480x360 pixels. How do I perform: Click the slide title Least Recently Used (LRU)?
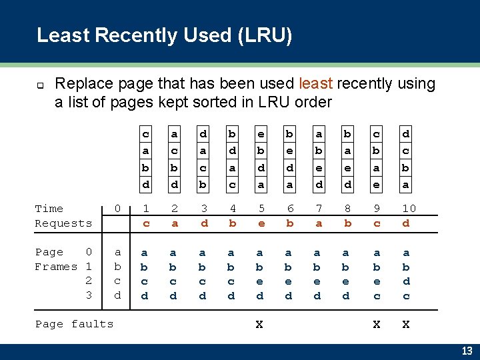pyautogui.click(x=164, y=35)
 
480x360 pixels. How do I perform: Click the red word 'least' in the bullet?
pyautogui.click(x=317, y=84)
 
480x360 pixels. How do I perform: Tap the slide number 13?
pyautogui.click(x=467, y=351)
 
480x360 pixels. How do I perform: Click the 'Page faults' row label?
pyautogui.click(x=74, y=324)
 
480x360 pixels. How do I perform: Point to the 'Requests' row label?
pyautogui.click(x=63, y=223)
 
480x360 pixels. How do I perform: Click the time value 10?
pyautogui.click(x=409, y=209)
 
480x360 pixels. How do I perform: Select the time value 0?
pyautogui.click(x=117, y=209)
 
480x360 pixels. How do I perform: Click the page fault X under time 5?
pyautogui.click(x=259, y=324)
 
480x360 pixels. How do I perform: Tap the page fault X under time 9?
pyautogui.click(x=377, y=324)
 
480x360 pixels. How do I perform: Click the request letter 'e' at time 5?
pyautogui.click(x=261, y=223)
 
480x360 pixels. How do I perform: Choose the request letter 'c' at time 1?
pyautogui.click(x=146, y=223)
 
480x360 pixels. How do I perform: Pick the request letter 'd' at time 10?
pyautogui.click(x=407, y=223)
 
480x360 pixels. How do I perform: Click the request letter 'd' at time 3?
pyautogui.click(x=204, y=223)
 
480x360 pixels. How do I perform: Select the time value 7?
pyautogui.click(x=319, y=209)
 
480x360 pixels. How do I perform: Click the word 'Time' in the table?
pyautogui.click(x=49, y=209)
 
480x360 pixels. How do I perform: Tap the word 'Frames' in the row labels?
pyautogui.click(x=56, y=267)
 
